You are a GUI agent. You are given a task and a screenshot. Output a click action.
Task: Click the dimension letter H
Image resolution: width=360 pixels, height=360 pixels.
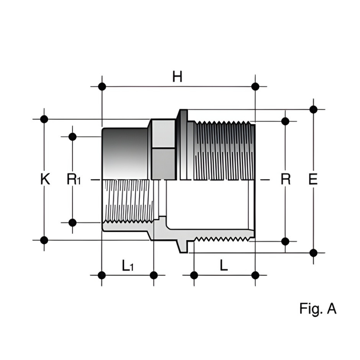[x=177, y=77]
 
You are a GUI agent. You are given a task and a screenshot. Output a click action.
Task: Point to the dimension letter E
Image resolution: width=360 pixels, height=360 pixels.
[x=313, y=179]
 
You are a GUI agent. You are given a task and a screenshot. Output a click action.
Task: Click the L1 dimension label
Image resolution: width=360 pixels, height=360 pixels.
[x=127, y=266]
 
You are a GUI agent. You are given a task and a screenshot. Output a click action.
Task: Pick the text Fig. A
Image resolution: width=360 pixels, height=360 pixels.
[x=318, y=309]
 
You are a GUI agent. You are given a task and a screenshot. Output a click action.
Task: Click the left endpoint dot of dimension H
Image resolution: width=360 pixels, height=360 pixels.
[x=102, y=86]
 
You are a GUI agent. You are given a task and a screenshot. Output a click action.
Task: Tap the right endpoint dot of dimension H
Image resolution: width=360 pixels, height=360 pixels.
[x=255, y=86]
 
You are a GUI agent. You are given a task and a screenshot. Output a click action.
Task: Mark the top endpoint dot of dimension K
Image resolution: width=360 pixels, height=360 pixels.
[x=44, y=119]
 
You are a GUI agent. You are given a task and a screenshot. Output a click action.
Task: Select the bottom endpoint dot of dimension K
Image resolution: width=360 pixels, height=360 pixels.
[x=44, y=240]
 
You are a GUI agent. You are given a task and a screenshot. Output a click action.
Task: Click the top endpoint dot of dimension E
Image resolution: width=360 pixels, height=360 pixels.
[x=313, y=109]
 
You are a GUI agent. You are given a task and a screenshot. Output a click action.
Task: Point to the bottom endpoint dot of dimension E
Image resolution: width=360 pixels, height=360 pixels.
[x=313, y=253]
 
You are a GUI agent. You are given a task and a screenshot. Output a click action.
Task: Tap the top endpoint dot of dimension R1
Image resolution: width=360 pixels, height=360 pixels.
[x=72, y=136]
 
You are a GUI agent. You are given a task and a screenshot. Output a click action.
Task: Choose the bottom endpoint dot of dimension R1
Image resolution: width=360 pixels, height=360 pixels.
[x=72, y=222]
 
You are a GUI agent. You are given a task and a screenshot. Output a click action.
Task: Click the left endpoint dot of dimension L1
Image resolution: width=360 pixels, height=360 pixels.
[x=102, y=275]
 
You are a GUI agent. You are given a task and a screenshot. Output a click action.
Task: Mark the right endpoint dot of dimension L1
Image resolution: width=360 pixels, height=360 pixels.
[x=154, y=275]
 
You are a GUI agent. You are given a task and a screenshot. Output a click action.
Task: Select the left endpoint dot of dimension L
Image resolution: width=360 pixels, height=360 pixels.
[x=194, y=275]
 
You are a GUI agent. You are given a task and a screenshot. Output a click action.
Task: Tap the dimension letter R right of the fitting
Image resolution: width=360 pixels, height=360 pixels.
[x=286, y=179]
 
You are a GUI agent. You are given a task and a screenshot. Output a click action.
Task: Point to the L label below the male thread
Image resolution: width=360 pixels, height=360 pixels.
[x=224, y=266]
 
